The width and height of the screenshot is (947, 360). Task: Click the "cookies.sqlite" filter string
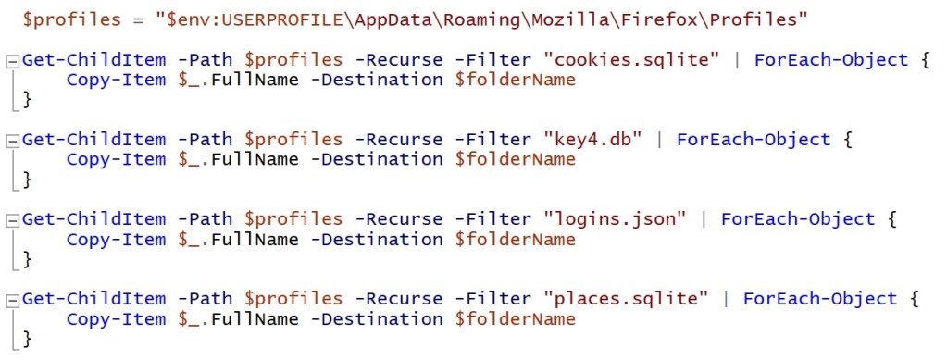[x=632, y=60]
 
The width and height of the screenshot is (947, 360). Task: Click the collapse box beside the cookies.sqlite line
[x=12, y=61]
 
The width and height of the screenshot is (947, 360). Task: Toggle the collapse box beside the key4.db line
[x=12, y=141]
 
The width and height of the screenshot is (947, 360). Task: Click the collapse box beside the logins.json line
[x=12, y=220]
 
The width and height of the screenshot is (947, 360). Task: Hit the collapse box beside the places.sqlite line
[x=12, y=300]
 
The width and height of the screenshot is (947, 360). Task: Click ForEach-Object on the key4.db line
[x=754, y=140]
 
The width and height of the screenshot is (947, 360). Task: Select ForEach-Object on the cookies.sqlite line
[x=831, y=60]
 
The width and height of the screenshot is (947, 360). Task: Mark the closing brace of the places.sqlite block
[x=27, y=340]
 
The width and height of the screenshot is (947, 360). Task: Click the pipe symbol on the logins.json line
[x=705, y=219]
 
